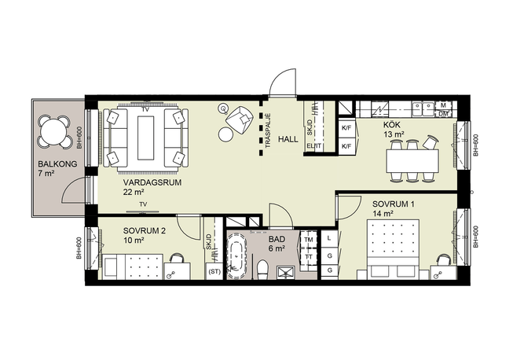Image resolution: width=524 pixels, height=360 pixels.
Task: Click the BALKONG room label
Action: point(57,164)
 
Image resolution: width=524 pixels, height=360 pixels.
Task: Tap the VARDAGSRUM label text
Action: point(152,183)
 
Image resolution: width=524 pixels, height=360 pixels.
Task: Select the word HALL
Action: point(288,139)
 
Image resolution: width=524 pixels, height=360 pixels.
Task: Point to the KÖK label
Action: point(392,125)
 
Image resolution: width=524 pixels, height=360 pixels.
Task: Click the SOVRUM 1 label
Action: point(394,204)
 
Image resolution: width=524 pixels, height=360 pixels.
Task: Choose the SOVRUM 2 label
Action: point(145,231)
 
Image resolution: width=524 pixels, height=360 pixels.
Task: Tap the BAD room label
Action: point(277,239)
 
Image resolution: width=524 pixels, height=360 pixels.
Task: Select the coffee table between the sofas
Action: point(145,138)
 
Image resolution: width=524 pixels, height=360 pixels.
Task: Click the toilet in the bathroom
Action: point(262,270)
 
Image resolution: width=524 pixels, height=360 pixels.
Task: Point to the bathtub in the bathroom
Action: point(236,255)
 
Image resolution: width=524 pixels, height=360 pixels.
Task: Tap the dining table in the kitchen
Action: point(412,161)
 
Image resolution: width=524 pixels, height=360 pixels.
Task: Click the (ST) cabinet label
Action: point(214,272)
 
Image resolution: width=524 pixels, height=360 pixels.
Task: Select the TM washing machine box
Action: point(309,240)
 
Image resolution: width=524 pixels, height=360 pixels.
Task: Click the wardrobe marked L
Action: point(329,239)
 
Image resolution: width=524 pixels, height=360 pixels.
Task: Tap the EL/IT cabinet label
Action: point(314,146)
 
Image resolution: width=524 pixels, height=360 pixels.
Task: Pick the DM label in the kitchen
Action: point(443,114)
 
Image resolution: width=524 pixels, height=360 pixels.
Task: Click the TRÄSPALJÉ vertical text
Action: point(268,131)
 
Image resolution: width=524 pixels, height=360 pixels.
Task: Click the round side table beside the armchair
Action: point(225,135)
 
